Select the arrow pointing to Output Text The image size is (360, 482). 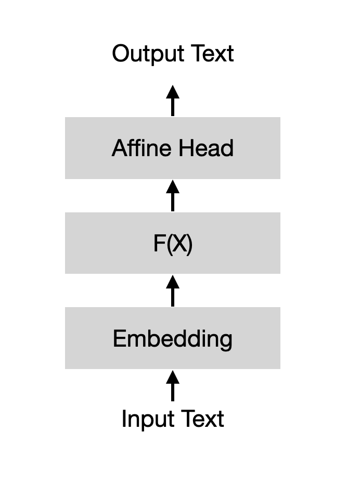173,101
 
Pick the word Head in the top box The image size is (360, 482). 206,148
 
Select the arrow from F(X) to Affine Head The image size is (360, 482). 173,196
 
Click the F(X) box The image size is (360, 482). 104,243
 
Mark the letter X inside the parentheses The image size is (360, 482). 178,244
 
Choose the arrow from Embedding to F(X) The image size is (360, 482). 173,291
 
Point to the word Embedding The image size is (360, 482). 173,339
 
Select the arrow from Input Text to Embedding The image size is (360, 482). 173,386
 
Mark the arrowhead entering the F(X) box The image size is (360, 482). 173,282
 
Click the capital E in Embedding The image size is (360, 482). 119,339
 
